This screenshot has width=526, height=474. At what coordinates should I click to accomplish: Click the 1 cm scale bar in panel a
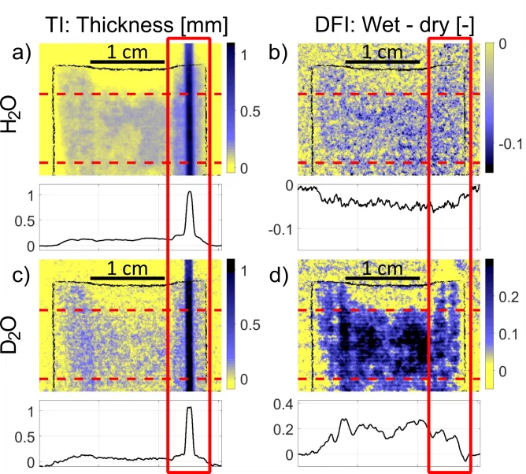pos(127,61)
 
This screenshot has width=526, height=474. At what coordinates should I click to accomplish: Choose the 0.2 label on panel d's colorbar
pos(506,297)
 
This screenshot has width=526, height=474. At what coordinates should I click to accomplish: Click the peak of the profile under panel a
pos(189,192)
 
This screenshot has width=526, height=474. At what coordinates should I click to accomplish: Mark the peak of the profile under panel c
pos(189,408)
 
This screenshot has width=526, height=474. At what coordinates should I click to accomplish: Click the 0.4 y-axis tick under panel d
pos(280,405)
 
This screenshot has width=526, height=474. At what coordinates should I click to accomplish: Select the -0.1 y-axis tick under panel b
pos(280,229)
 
